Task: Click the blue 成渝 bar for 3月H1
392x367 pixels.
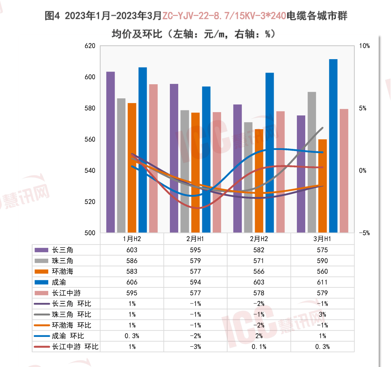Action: click(x=333, y=145)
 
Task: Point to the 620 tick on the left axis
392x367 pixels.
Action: click(x=90, y=46)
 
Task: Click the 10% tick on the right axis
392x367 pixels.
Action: click(x=364, y=46)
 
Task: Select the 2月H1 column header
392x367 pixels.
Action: click(x=195, y=239)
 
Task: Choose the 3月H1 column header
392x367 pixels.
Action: click(x=322, y=239)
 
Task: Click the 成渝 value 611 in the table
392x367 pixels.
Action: click(x=322, y=282)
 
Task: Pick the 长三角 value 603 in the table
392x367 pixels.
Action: click(x=132, y=250)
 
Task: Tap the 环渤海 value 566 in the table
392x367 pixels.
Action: click(x=259, y=272)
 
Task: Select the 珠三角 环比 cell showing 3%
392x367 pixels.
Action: click(x=322, y=314)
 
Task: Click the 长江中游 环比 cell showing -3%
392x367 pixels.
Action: click(x=195, y=347)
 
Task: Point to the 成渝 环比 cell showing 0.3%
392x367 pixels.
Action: click(x=132, y=336)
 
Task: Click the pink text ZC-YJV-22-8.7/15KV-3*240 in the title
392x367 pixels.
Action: click(x=224, y=16)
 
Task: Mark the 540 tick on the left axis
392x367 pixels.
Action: click(x=90, y=171)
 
